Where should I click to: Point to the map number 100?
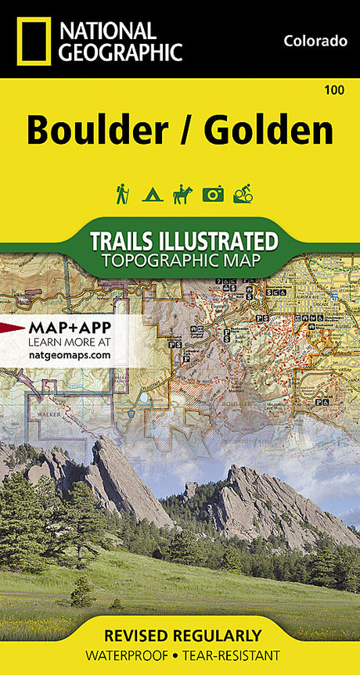coord(333,92)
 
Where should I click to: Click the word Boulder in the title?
coord(97,131)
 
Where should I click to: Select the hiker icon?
coord(122,194)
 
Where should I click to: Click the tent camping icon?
coord(151,195)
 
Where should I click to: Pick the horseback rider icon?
coord(182,194)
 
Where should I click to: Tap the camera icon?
coord(213,195)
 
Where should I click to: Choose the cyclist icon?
coord(243,194)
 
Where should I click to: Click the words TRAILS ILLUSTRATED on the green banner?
coord(184,240)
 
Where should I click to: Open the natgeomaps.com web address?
coord(69,355)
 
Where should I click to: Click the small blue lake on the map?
coord(144,398)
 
